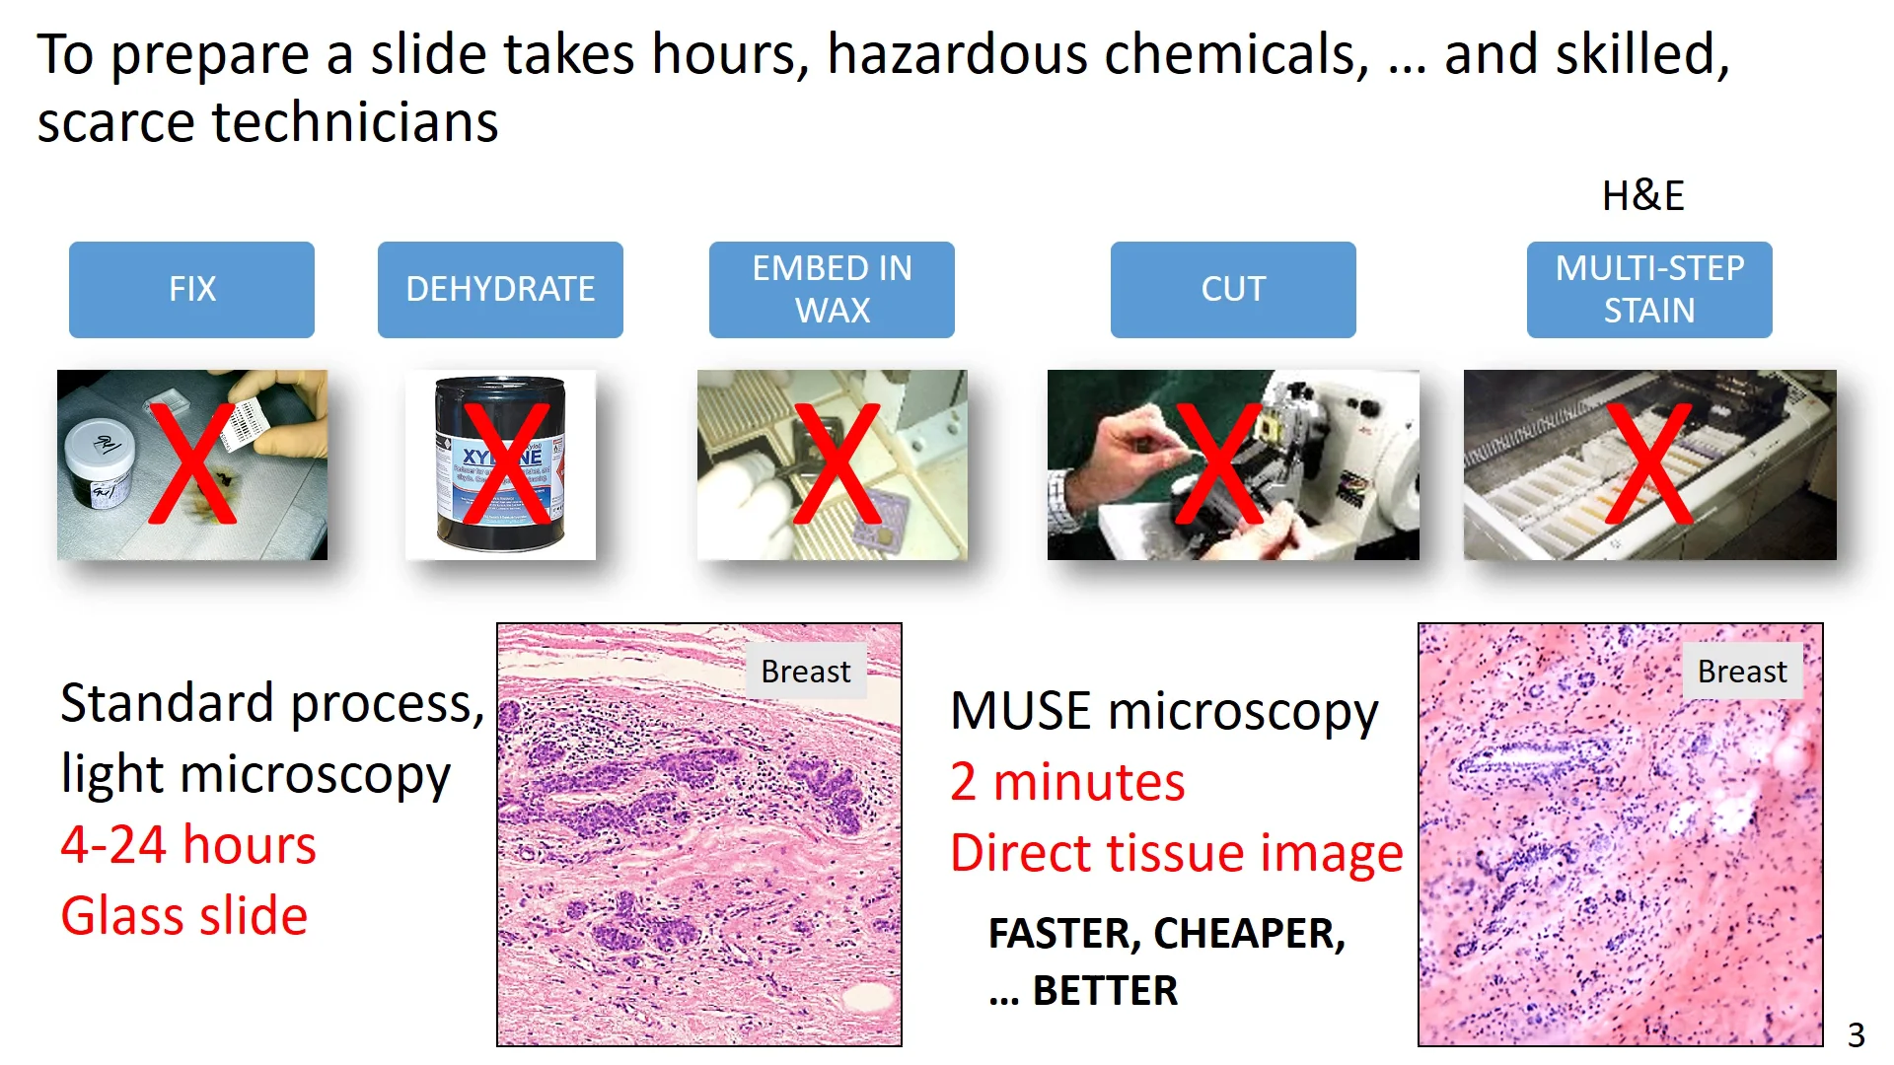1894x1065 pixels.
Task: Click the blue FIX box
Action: click(191, 289)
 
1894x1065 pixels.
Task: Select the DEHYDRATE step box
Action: click(500, 289)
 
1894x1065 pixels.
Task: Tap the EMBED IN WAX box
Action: click(832, 289)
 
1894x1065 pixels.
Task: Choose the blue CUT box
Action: click(1233, 289)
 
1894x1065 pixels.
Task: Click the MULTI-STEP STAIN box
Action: click(1649, 289)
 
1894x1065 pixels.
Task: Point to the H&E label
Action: click(1642, 195)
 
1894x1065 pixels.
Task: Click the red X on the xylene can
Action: click(506, 462)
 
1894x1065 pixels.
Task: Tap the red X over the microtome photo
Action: click(1218, 462)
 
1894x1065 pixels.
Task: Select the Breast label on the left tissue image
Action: click(805, 672)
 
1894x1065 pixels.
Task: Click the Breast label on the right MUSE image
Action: click(1742, 672)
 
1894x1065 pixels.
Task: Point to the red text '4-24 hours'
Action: click(188, 845)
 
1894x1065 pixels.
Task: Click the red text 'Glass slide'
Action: click(184, 916)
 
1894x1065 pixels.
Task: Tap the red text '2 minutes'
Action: click(1067, 782)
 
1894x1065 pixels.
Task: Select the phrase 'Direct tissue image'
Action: click(1176, 853)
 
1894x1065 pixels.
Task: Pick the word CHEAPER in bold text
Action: click(1249, 934)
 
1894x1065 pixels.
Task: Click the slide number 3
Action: click(1856, 1034)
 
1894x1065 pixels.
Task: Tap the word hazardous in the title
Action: click(957, 54)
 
